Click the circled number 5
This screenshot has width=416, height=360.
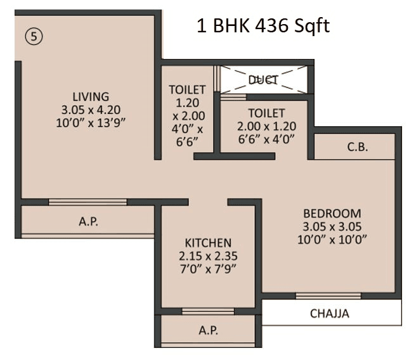[33, 37]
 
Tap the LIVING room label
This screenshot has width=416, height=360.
[90, 97]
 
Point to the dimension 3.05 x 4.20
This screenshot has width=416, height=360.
[90, 110]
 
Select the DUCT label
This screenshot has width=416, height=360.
[263, 80]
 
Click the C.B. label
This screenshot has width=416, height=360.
[358, 147]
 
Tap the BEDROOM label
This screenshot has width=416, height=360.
[332, 214]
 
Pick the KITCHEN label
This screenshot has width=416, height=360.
[208, 243]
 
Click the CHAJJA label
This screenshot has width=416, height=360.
[329, 313]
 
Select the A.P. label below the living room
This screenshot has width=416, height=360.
[88, 222]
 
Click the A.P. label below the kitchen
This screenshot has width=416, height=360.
[208, 331]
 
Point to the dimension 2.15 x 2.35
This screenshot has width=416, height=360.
[208, 255]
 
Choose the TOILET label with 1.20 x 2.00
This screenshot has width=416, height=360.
[188, 90]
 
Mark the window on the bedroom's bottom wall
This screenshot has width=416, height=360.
[328, 295]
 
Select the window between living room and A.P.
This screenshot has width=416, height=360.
[88, 202]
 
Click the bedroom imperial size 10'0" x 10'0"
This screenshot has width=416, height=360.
[332, 239]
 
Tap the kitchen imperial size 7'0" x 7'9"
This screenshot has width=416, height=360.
[208, 268]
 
